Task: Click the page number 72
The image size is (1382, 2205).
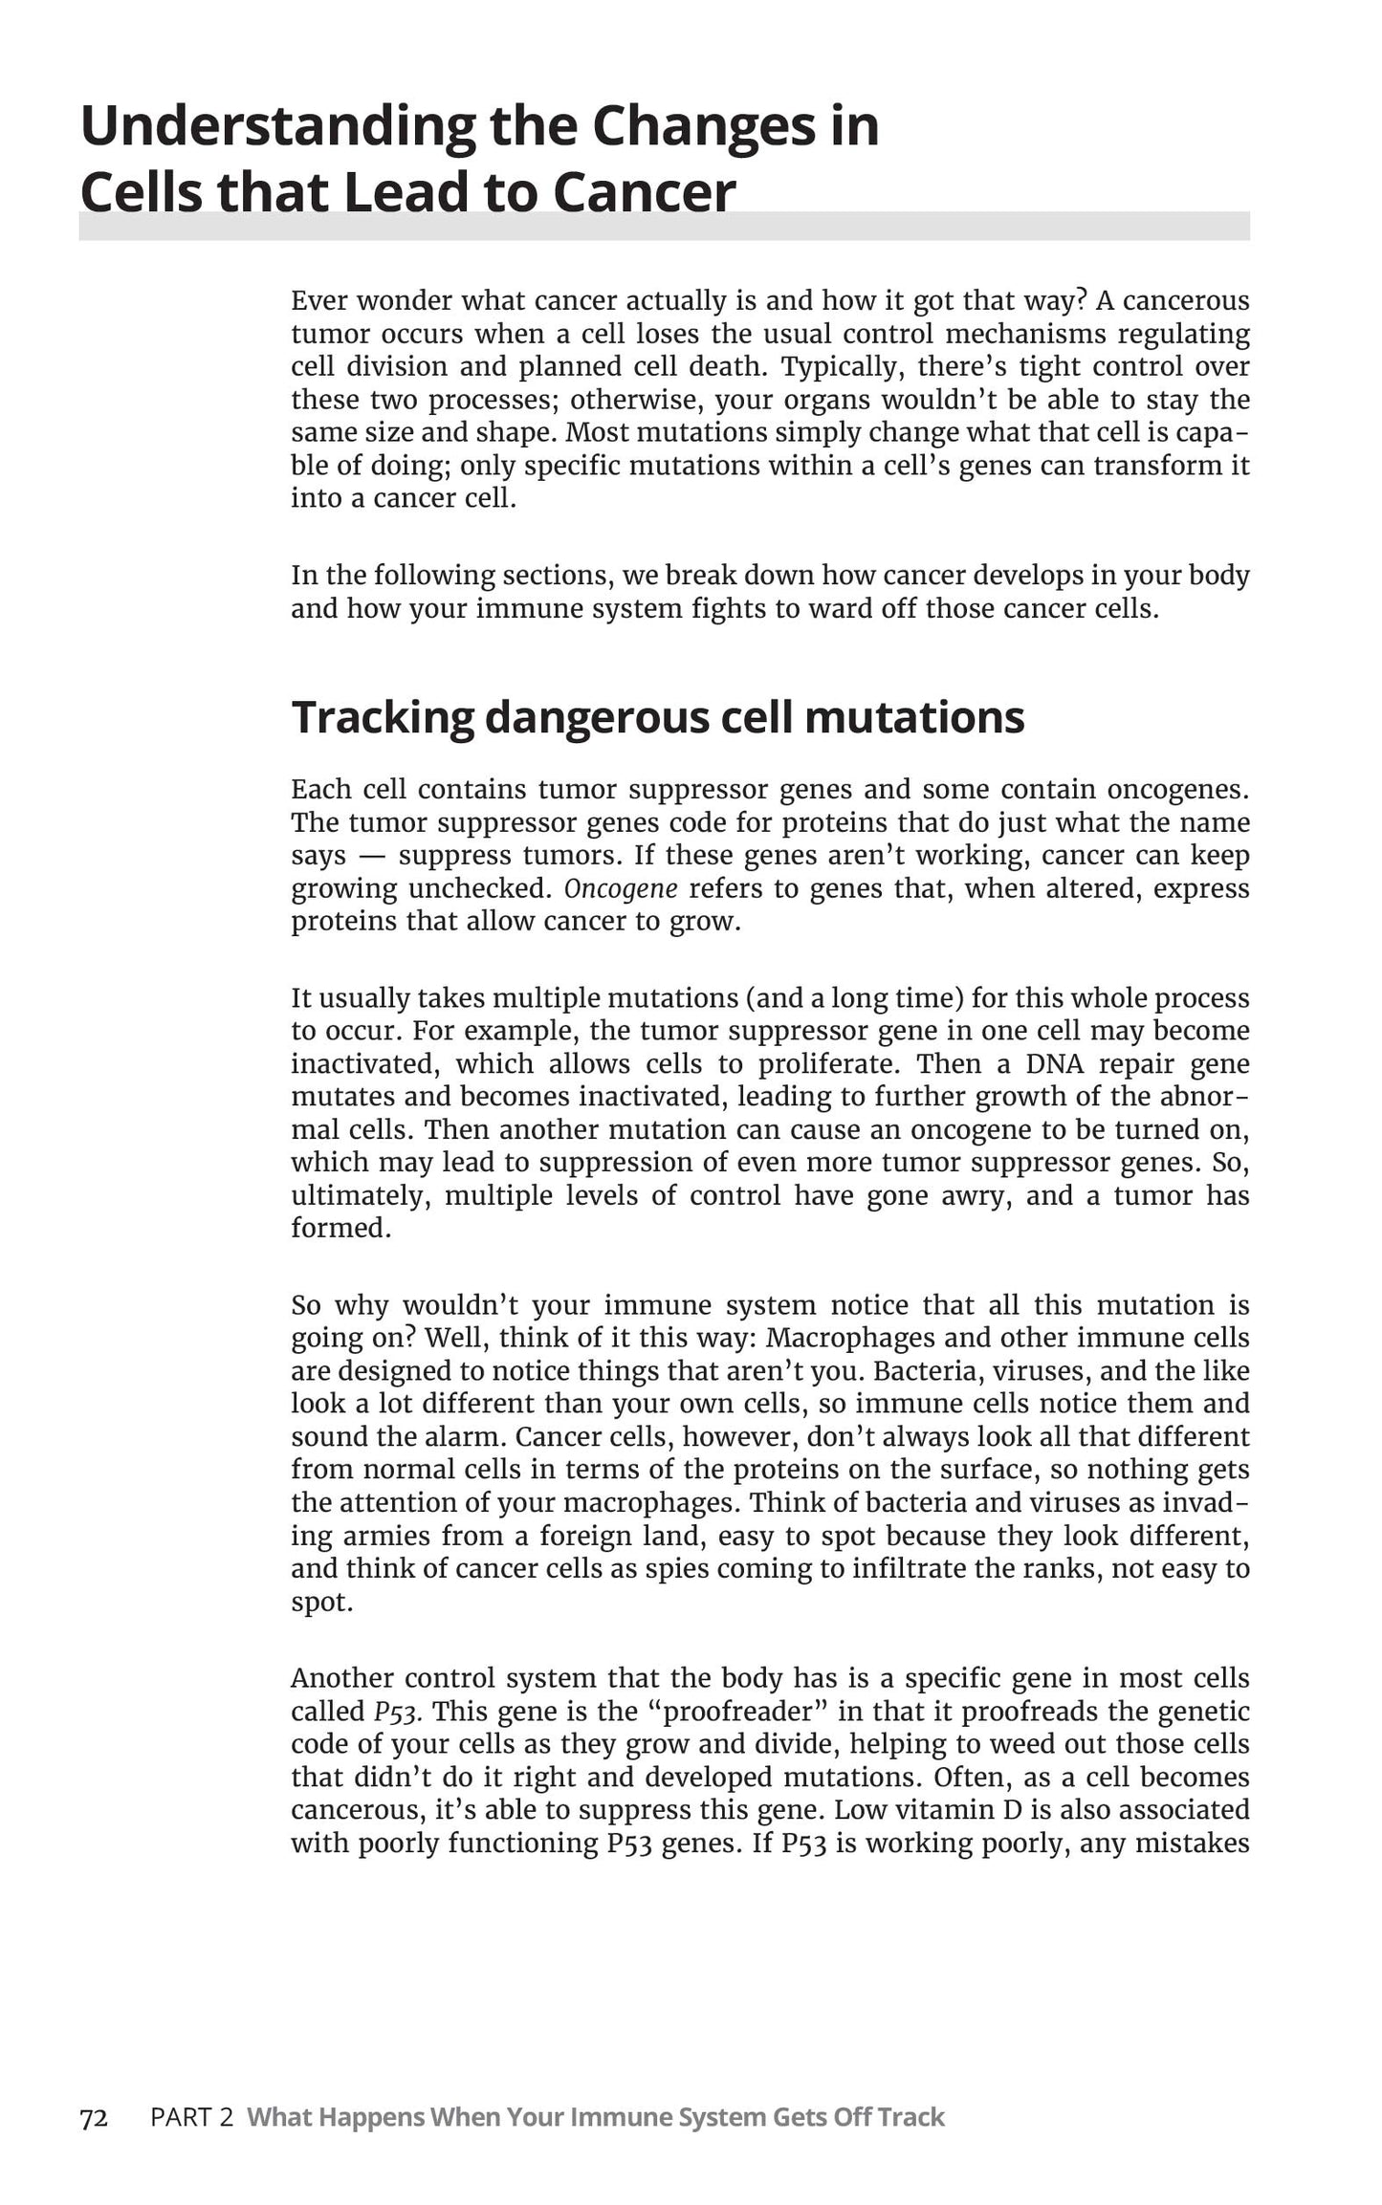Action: click(94, 2118)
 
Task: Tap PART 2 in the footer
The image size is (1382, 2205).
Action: click(191, 2118)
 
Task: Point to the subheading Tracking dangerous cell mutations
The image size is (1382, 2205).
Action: click(657, 717)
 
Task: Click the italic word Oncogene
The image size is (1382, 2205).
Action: click(621, 889)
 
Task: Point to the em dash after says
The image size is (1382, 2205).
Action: click(372, 856)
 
